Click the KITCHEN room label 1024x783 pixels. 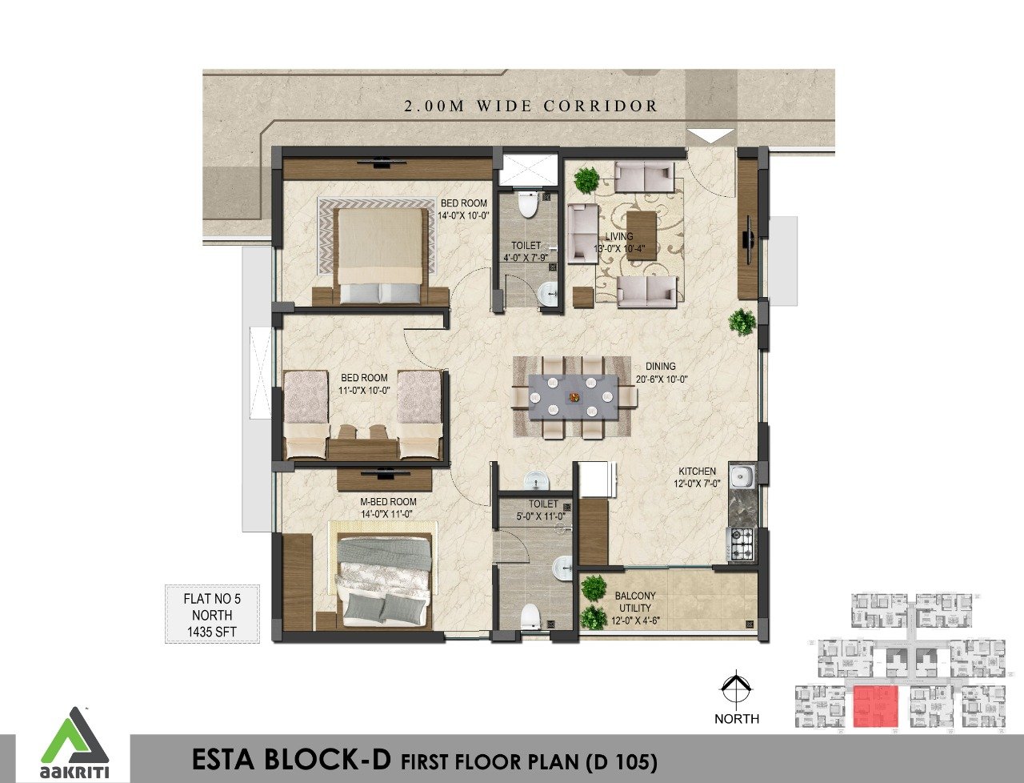(697, 471)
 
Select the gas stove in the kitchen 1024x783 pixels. (741, 544)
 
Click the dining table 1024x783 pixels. (573, 397)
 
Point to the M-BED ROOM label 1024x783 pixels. (388, 502)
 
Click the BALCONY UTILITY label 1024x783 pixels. (635, 602)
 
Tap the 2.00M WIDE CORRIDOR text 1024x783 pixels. (530, 106)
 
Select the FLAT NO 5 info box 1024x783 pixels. (212, 614)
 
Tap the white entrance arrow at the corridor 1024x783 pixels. (710, 136)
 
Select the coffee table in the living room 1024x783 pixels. (641, 235)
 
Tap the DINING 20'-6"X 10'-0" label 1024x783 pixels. (661, 373)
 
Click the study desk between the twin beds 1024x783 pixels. (363, 443)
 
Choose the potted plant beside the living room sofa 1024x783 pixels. (586, 180)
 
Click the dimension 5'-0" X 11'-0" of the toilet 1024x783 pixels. (542, 516)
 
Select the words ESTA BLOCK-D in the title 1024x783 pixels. (291, 760)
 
